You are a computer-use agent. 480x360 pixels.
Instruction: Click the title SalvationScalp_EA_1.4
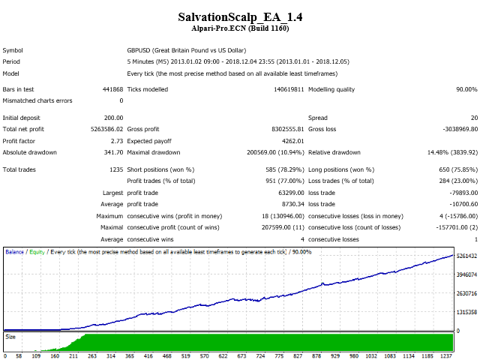coord(240,16)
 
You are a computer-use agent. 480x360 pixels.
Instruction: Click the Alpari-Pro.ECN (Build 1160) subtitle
coord(240,28)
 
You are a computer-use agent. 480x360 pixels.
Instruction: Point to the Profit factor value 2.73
coord(117,140)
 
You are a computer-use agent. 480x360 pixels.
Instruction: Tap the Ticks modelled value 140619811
coord(283,89)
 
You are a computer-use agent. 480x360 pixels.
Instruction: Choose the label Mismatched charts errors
coord(37,100)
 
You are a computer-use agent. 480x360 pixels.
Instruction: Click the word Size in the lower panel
coord(10,337)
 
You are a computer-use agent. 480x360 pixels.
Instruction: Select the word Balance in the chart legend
coord(15,251)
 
